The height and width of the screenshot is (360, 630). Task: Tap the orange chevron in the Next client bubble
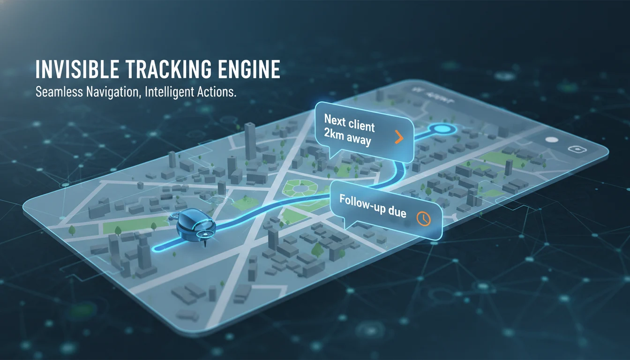click(x=398, y=137)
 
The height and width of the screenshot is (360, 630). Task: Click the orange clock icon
click(x=423, y=218)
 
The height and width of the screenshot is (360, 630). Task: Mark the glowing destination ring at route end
click(x=442, y=129)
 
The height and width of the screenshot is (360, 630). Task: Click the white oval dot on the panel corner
click(x=552, y=139)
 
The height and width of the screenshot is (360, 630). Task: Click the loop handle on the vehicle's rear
click(x=174, y=217)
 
